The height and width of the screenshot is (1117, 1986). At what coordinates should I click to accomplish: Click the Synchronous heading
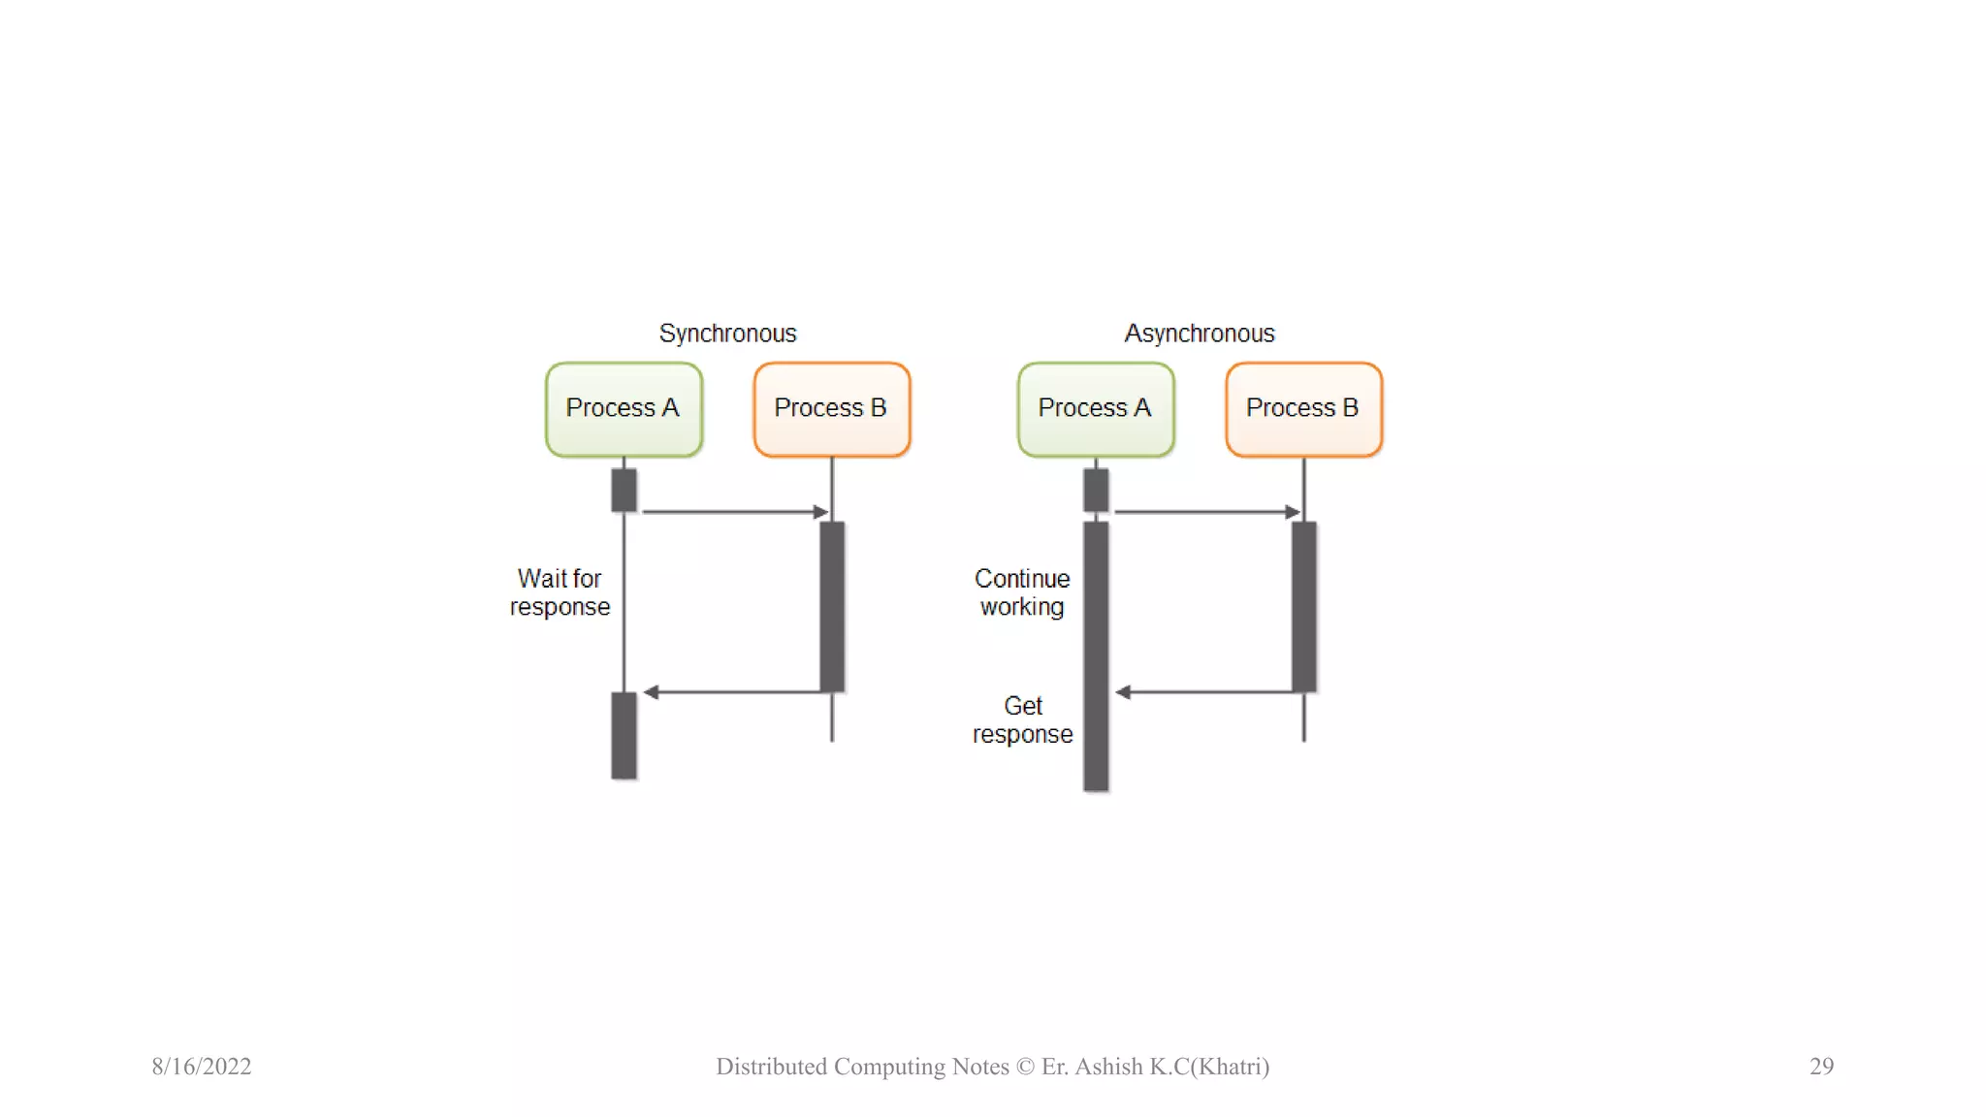[727, 334]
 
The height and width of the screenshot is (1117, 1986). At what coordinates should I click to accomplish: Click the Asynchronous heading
[1200, 334]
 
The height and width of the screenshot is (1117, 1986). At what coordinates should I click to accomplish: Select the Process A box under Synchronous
[624, 409]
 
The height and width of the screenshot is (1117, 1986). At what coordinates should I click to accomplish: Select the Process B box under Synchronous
[831, 409]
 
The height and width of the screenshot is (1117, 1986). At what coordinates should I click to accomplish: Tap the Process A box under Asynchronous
[1096, 409]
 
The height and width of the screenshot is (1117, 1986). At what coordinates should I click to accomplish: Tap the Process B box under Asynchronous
[1303, 409]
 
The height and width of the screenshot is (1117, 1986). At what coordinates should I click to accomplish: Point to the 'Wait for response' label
[561, 592]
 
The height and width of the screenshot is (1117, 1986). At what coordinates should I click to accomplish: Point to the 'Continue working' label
[1022, 592]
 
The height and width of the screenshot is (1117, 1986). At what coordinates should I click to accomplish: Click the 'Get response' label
[1023, 719]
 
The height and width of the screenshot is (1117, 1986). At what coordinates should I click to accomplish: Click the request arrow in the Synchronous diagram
[733, 511]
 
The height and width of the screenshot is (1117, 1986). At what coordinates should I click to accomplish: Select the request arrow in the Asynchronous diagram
[1205, 511]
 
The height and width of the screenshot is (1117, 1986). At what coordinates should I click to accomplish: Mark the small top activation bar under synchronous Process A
[624, 490]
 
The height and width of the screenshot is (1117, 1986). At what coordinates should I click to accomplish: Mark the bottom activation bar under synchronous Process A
[624, 735]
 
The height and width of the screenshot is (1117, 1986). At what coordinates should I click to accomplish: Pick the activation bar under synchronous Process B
[832, 606]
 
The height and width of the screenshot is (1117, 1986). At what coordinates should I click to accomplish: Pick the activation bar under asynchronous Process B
[1304, 606]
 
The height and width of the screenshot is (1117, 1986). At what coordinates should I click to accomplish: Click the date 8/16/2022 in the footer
[202, 1067]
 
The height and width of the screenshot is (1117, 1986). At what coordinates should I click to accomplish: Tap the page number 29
[1821, 1067]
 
